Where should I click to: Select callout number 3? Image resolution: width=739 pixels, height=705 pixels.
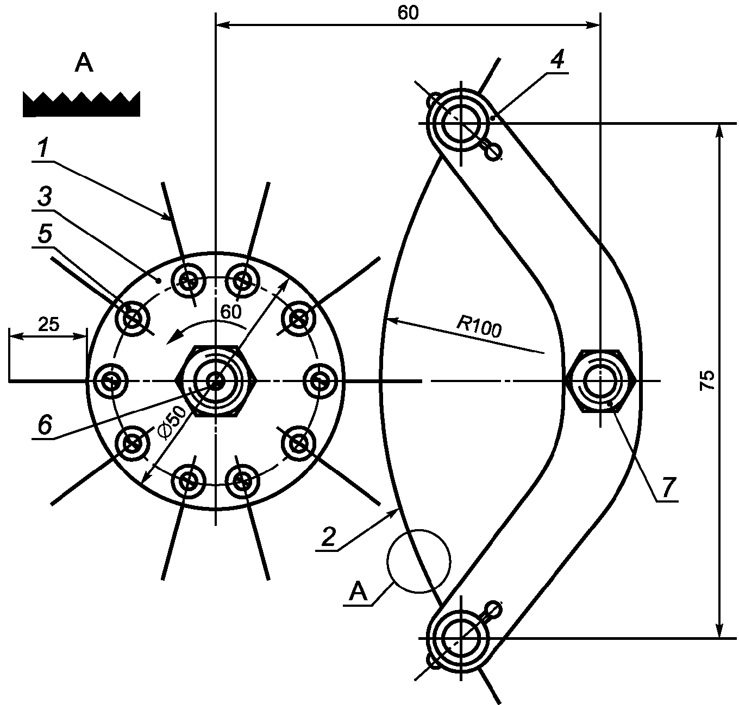click(45, 196)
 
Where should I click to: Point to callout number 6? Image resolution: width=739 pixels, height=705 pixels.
click(45, 425)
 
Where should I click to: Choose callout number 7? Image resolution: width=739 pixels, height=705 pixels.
click(669, 488)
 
